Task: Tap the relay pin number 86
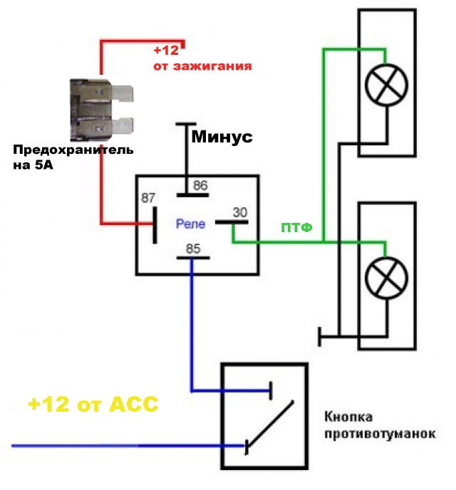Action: [200, 186]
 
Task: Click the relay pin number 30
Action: [240, 212]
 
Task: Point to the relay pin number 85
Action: [192, 249]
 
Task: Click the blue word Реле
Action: [190, 224]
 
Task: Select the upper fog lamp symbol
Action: [385, 84]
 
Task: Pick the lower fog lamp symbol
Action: [385, 274]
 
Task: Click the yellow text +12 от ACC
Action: [93, 404]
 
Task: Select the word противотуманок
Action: [378, 434]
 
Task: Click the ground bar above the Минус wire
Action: [187, 125]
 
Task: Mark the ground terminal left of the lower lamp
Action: [321, 334]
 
